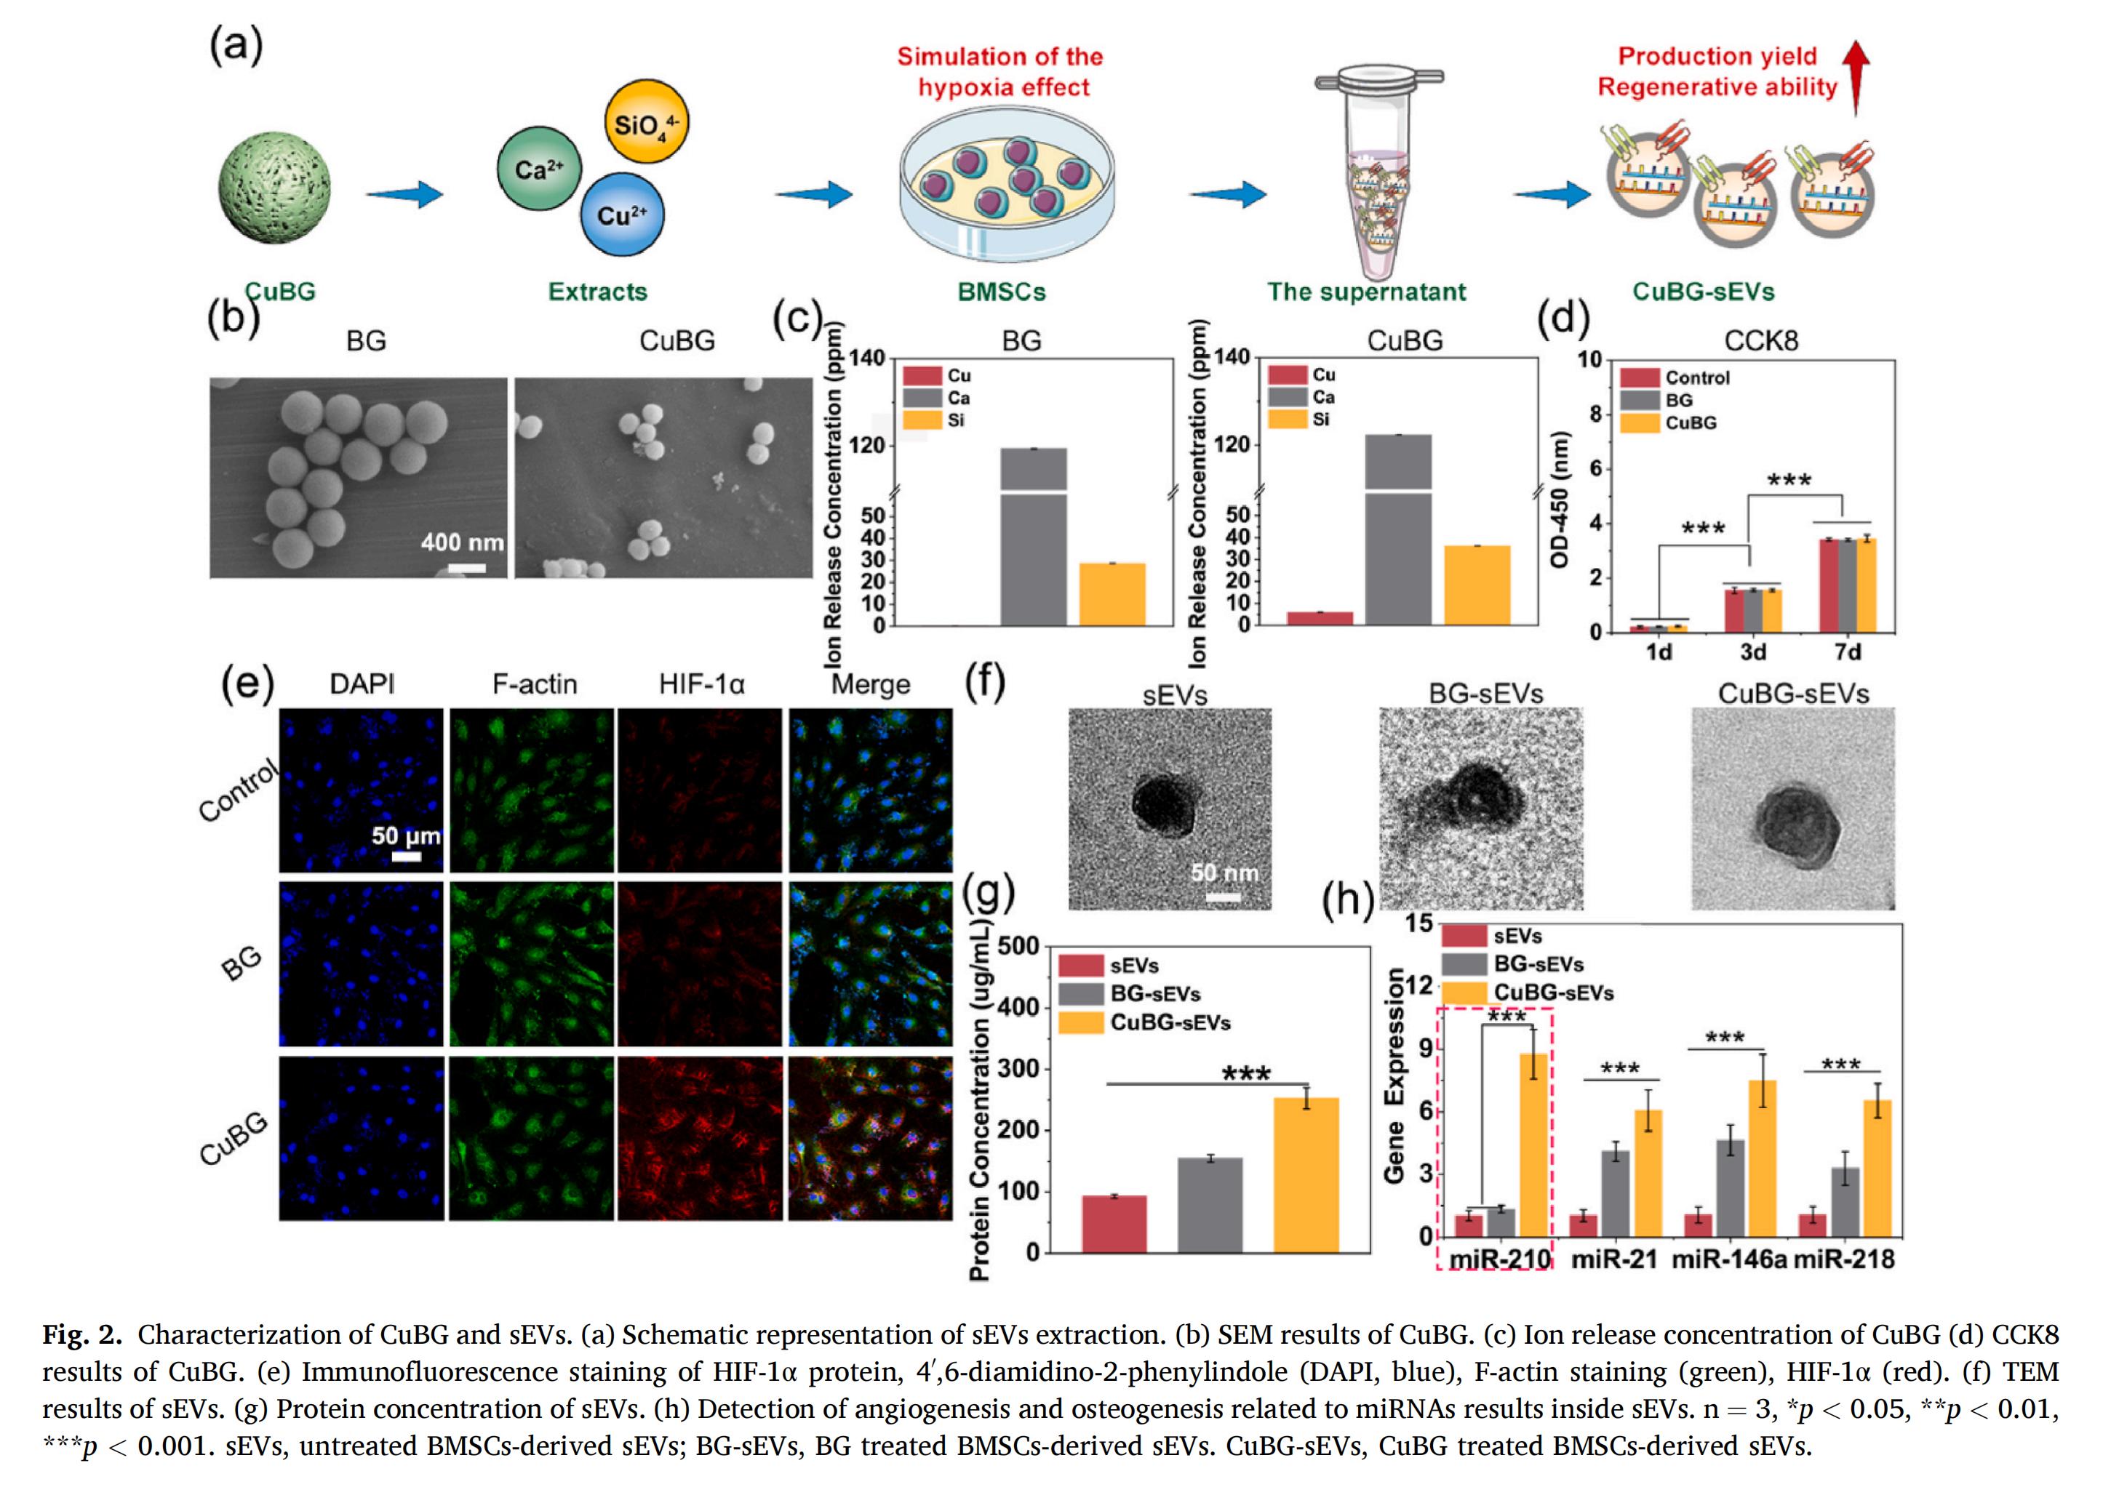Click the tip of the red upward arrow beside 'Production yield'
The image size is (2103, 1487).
point(1856,44)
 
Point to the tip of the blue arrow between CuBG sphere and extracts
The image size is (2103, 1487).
point(443,194)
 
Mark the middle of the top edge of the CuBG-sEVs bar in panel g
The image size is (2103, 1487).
point(1306,1099)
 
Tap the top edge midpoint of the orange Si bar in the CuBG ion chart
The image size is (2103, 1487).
point(1477,547)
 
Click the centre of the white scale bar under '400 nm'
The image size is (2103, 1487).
point(466,569)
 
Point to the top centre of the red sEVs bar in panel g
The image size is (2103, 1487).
point(1114,1197)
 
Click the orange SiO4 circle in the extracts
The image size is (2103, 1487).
point(647,121)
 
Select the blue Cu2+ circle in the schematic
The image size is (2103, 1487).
point(623,215)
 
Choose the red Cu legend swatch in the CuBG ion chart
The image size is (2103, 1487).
point(1287,374)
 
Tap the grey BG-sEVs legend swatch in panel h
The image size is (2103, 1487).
point(1464,963)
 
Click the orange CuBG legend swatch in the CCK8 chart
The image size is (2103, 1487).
point(1640,423)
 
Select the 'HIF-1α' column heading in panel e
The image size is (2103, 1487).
point(702,684)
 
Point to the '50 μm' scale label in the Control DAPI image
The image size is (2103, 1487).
point(406,836)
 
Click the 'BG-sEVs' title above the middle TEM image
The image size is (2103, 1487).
point(1485,693)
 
